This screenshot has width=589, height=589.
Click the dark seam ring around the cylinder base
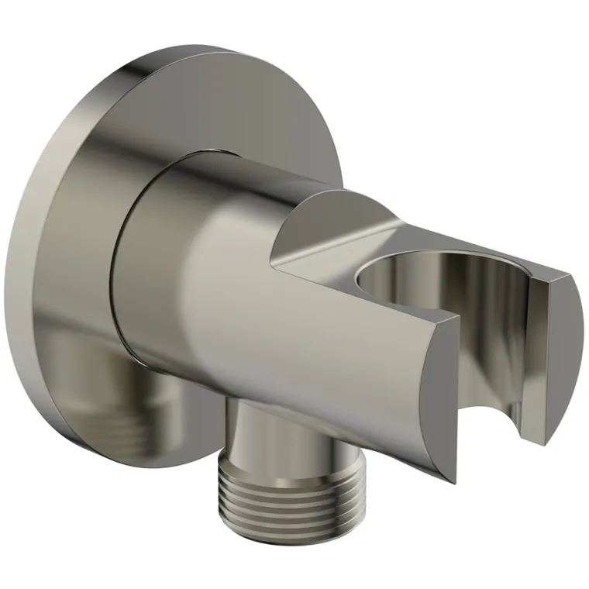124,256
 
